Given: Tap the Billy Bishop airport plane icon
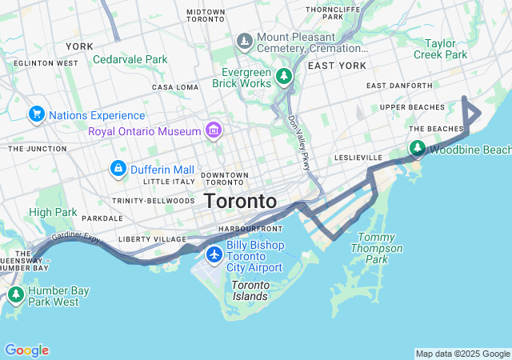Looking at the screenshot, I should coord(214,254).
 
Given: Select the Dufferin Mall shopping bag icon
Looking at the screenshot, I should coord(118,169).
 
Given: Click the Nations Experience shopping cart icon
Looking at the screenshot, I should coord(36,115).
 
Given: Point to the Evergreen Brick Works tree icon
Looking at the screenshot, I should coord(283,76).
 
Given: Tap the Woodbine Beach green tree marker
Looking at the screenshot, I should coord(417,149).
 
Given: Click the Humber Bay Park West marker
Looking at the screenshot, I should coord(15,295).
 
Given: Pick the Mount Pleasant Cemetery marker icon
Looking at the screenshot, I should coord(244,40).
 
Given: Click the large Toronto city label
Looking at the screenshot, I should coord(240,201).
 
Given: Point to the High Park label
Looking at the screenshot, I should coord(53,212).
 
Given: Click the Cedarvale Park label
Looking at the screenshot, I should coord(130,59).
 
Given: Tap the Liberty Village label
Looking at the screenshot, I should coord(146,238).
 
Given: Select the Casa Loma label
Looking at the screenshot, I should coord(174,87).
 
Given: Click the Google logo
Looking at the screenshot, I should coord(26,350).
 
